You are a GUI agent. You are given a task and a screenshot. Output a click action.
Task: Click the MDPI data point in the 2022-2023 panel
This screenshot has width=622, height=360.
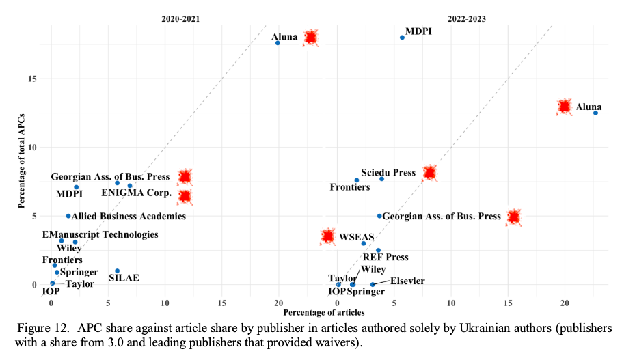pos(402,38)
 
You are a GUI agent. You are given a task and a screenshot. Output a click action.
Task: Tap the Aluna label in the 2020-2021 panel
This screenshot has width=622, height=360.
pos(284,37)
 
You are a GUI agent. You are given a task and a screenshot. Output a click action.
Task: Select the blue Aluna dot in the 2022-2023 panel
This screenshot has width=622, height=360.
pos(595,113)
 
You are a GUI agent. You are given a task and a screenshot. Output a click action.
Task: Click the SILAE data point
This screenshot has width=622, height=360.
pos(118,271)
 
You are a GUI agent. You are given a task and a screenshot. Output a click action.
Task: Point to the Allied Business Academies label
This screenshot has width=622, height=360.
pos(129,217)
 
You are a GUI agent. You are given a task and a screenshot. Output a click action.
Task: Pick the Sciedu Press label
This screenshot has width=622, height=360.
pos(388,173)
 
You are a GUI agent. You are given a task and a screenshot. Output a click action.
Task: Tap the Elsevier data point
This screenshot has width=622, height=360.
pos(373,284)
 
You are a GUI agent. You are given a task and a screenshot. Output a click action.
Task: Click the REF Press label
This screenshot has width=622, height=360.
pos(386,258)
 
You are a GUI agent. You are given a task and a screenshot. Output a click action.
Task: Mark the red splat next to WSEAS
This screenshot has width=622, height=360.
pos(328,236)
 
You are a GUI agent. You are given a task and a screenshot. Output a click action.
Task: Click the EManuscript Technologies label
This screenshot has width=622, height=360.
pos(100,234)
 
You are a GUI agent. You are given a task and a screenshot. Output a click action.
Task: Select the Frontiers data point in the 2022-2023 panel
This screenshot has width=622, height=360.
pos(356,180)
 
